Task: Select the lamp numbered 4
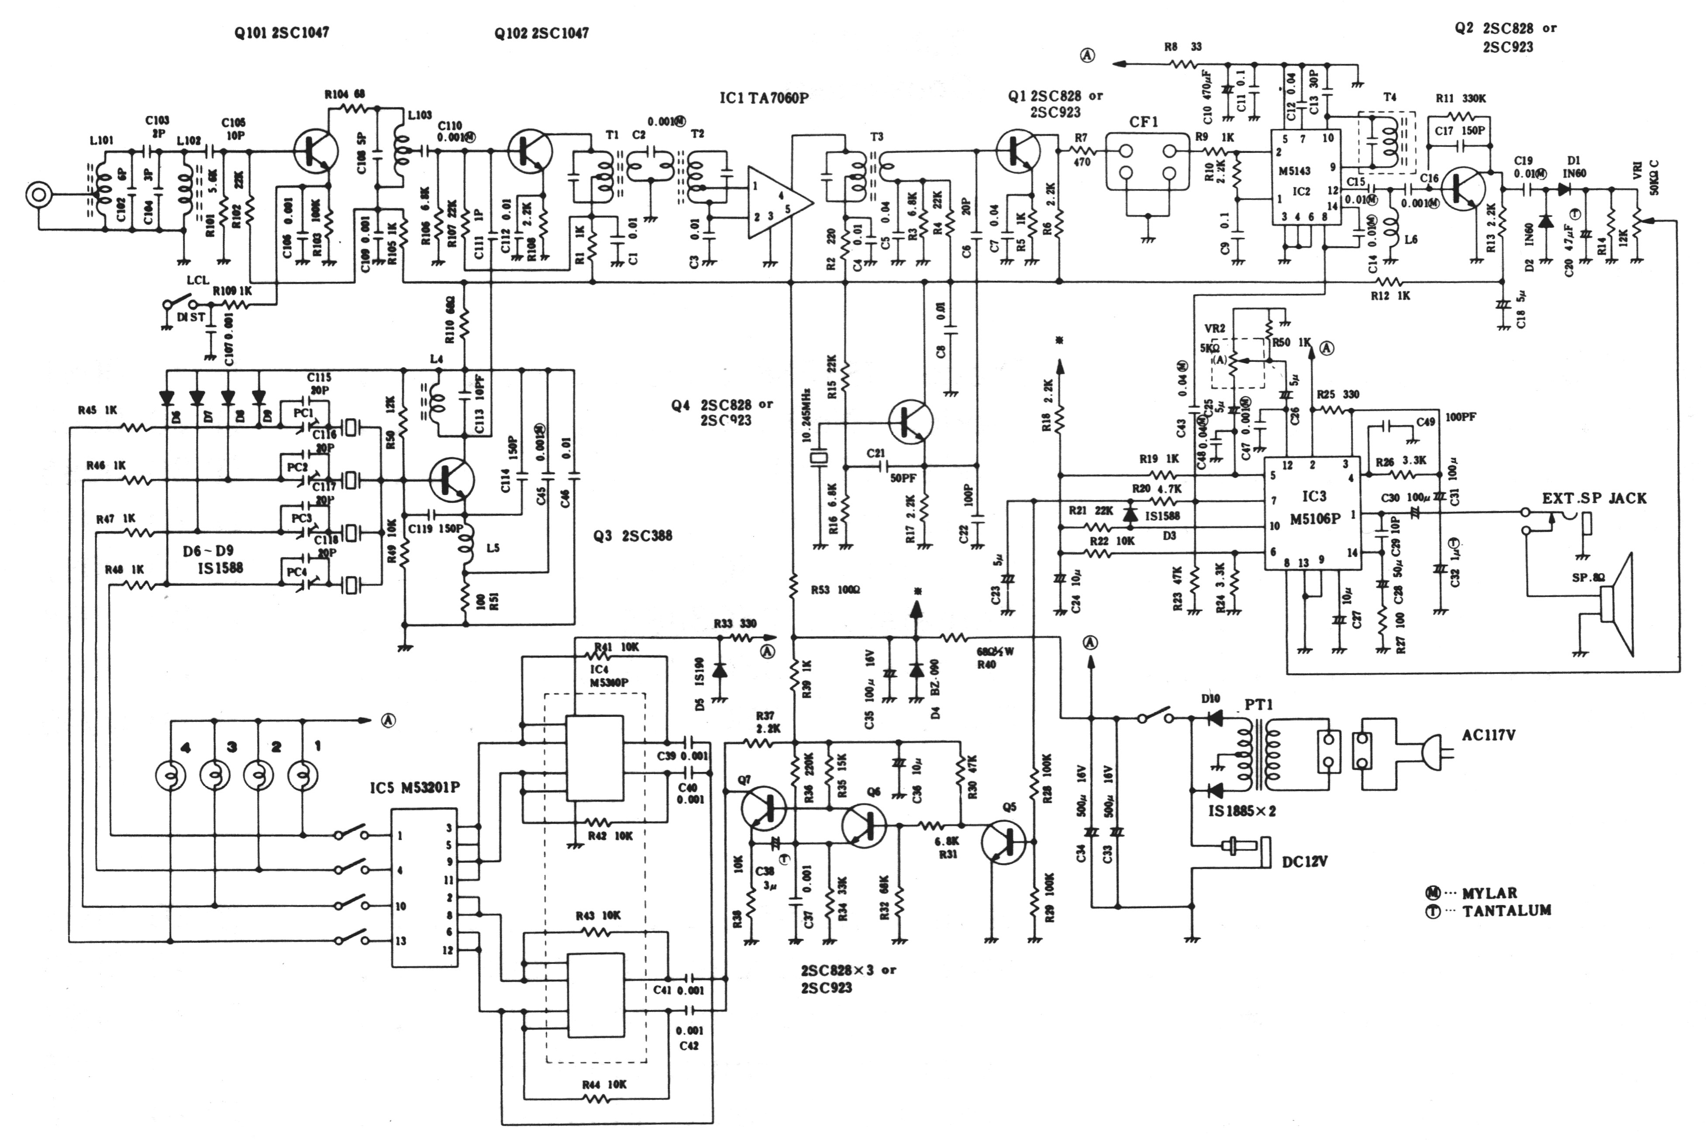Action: (x=171, y=776)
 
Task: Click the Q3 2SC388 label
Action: (x=632, y=536)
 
